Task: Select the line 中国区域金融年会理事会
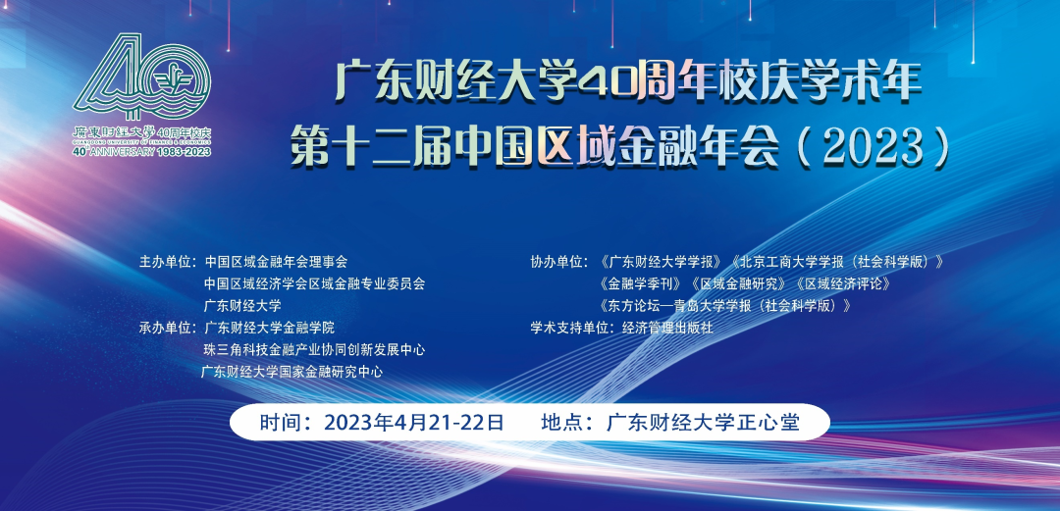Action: [x=276, y=262]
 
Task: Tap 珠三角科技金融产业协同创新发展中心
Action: [x=314, y=349]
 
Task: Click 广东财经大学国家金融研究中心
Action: [x=291, y=372]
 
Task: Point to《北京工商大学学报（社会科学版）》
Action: [x=836, y=262]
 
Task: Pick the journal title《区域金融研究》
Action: [x=736, y=283]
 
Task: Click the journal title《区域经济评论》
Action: [x=840, y=283]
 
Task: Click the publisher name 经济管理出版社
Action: [x=667, y=328]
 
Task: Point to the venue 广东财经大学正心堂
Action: [x=704, y=423]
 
